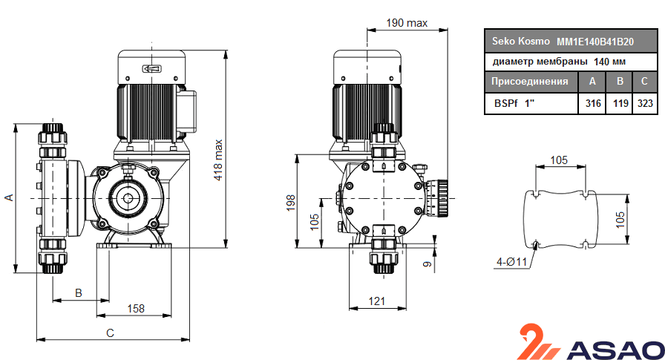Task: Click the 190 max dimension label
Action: click(407, 23)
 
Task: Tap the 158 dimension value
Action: click(135, 308)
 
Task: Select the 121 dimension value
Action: click(378, 301)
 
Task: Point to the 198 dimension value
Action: click(291, 203)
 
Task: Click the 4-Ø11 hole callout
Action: click(511, 261)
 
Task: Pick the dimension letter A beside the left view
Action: click(9, 197)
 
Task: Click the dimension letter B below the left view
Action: click(79, 292)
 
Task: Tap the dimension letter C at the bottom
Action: click(110, 333)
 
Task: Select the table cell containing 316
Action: click(592, 104)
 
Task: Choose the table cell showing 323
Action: click(645, 104)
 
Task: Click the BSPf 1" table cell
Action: click(513, 104)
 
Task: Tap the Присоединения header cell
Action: click(530, 82)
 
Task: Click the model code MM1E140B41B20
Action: click(595, 42)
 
